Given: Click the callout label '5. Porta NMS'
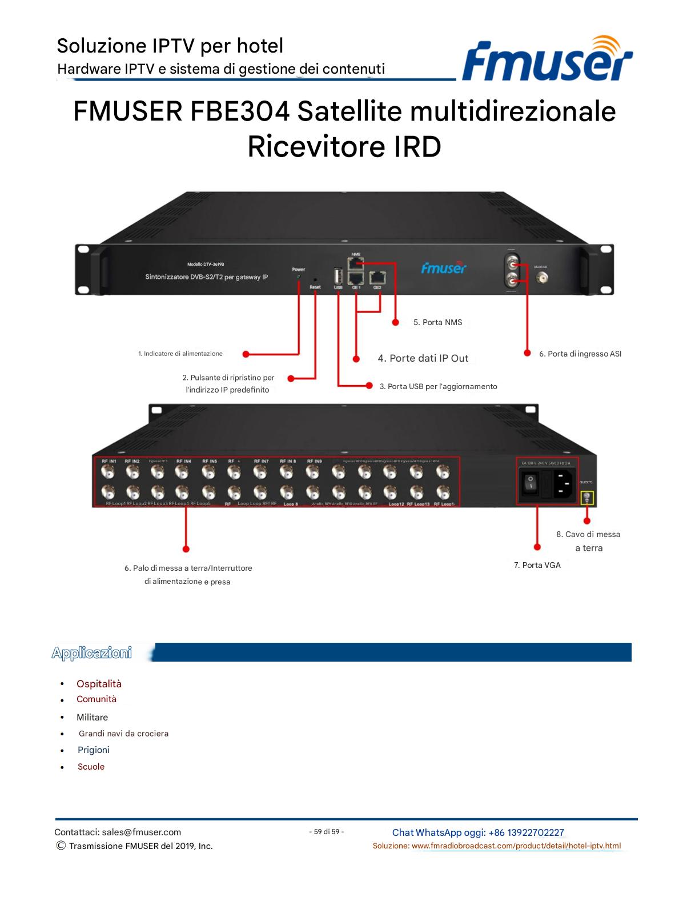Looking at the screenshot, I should click(437, 322).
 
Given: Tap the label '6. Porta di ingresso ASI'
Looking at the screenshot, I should click(580, 354).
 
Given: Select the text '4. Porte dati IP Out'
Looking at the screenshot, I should click(423, 358).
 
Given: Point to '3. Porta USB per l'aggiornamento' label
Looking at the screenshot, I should click(438, 386).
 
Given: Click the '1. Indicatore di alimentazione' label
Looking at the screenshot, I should click(180, 354).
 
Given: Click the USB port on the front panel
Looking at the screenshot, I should click(338, 275).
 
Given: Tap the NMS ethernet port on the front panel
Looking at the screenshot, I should click(356, 263).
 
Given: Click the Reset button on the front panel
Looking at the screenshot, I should click(315, 280).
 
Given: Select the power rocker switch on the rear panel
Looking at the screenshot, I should click(531, 483).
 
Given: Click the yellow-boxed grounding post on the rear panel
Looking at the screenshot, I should click(586, 498).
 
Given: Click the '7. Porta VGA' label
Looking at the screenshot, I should click(537, 565).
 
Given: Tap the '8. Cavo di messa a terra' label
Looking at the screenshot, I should click(588, 541).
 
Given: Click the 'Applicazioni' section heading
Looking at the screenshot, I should click(91, 652).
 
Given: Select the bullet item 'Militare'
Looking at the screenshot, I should click(92, 717).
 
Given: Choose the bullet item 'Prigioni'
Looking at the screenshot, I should click(93, 750).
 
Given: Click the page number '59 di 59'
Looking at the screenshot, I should click(326, 831).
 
